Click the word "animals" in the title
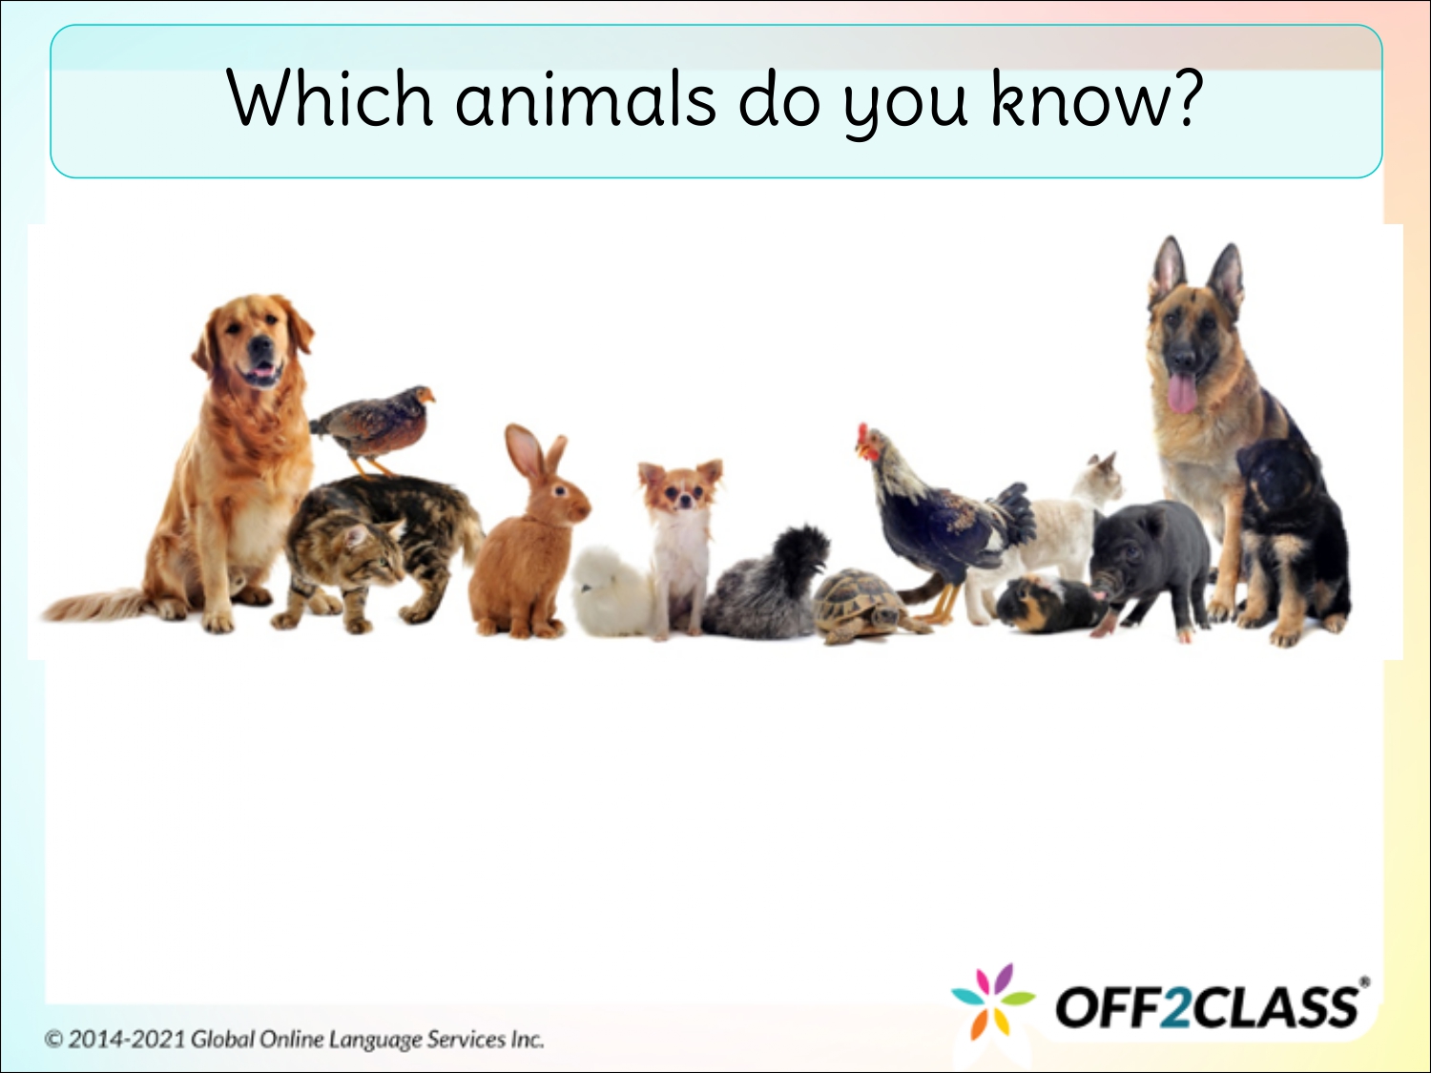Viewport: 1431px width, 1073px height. coord(585,100)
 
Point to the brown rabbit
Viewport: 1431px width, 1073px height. coord(527,544)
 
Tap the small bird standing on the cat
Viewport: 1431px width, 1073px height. coord(375,423)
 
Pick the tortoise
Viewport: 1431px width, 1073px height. coord(863,605)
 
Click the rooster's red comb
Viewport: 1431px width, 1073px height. coord(864,438)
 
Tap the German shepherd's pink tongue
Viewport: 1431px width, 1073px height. coord(1182,392)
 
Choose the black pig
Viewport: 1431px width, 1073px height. coord(1150,563)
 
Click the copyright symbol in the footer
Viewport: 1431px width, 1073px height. coord(54,1039)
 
